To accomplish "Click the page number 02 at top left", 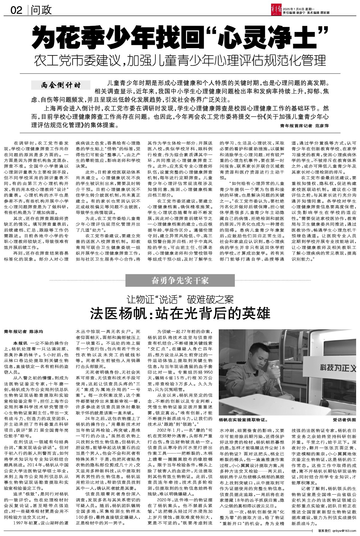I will (x=16, y=10).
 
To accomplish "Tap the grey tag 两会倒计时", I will (x=61, y=85).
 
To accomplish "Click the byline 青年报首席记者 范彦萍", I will (x=304, y=126).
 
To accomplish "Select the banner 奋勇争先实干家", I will (x=180, y=281).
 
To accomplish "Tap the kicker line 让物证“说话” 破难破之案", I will (x=180, y=299).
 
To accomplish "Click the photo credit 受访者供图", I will (x=344, y=420).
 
